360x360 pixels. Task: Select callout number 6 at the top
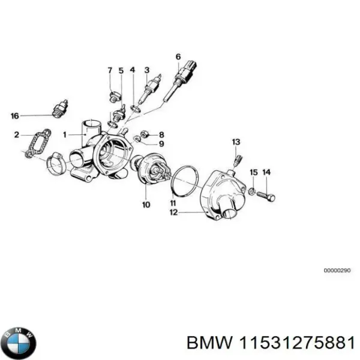point(178,58)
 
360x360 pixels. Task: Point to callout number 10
point(146,205)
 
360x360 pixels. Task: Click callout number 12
point(173,212)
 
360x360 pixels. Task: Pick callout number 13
point(236,142)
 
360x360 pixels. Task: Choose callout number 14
point(266,173)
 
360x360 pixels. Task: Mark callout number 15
point(253,173)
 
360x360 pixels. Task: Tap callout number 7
point(110,71)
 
